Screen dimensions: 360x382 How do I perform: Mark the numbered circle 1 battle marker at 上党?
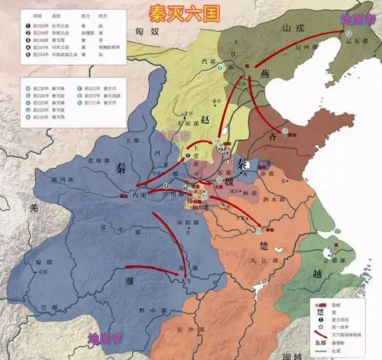click(x=186, y=155)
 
